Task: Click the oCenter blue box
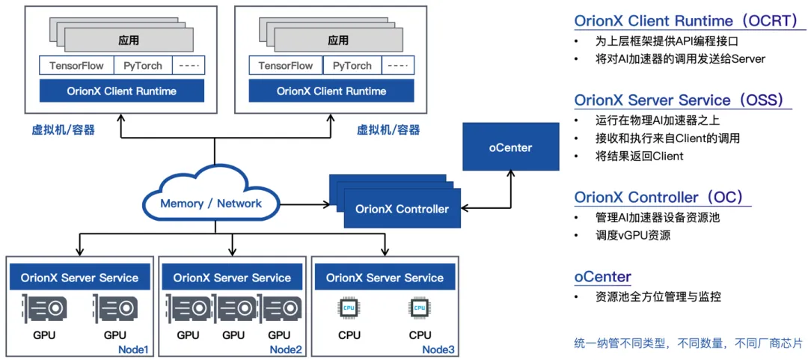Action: pos(510,147)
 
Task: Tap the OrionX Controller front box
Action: pos(402,209)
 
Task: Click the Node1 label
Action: pos(134,350)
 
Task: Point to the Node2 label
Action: pos(286,350)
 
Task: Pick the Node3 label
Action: pos(438,350)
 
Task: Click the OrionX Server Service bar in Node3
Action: pos(385,278)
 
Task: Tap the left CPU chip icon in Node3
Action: pos(349,308)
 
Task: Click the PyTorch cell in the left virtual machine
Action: pos(143,65)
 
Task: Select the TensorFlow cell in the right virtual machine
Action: pos(286,65)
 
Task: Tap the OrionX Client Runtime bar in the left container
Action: pos(121,91)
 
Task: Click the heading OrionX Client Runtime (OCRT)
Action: pos(687,20)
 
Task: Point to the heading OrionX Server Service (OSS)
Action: pos(679,100)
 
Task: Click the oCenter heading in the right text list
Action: pos(602,277)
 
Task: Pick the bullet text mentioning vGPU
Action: pos(633,236)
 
